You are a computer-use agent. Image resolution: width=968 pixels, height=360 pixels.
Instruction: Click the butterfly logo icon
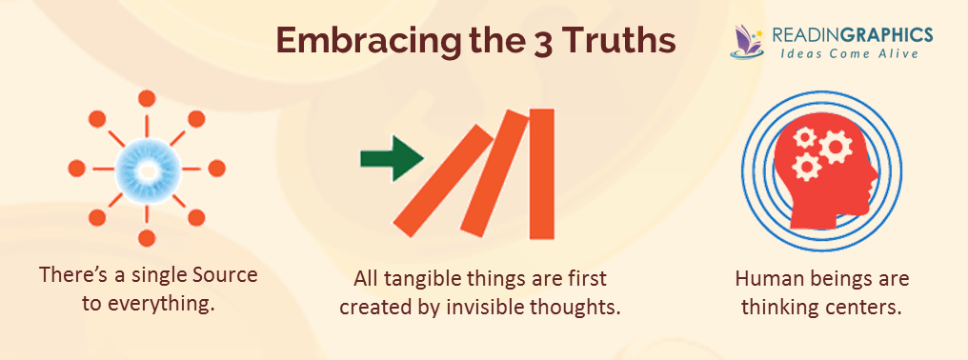click(748, 41)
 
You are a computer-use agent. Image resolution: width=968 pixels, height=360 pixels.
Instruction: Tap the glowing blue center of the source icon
click(146, 169)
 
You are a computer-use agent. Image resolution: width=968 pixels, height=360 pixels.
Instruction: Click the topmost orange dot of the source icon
click(146, 98)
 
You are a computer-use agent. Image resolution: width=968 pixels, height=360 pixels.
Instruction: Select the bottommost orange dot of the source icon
click(146, 238)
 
